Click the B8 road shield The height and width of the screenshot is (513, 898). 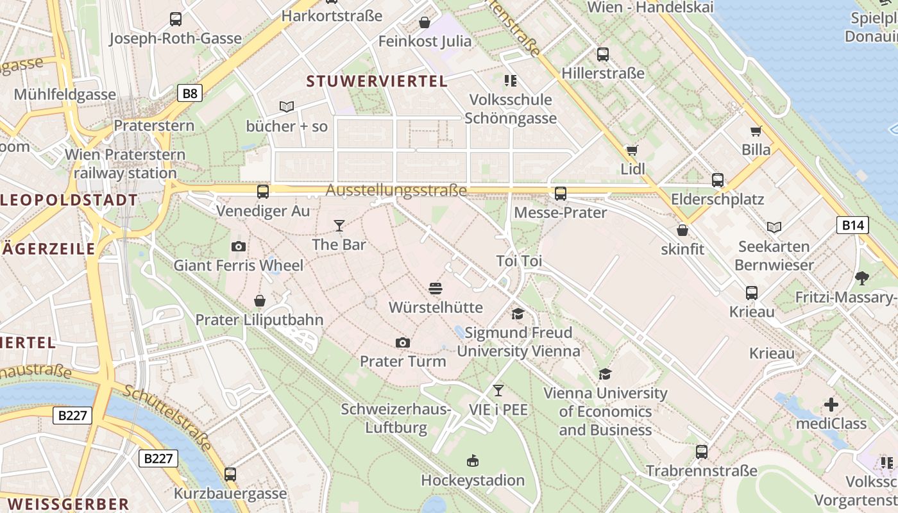[190, 94]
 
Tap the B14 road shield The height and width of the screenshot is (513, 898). [853, 224]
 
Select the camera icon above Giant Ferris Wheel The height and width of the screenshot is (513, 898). [239, 246]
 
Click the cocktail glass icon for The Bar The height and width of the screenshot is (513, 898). [339, 226]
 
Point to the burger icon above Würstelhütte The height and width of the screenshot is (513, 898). [436, 289]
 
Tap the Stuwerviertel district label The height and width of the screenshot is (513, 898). [377, 81]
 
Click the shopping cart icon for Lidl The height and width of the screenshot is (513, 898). [632, 151]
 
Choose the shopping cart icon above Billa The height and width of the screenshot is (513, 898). [756, 131]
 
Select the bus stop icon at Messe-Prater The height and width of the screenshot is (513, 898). [561, 193]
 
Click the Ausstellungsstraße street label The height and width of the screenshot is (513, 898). [396, 190]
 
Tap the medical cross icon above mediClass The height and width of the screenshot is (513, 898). [831, 405]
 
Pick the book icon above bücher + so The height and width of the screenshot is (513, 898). [287, 106]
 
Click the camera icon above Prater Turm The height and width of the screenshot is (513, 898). [403, 342]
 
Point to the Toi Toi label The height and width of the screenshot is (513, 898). [519, 261]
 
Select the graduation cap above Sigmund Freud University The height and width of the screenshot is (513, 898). [518, 314]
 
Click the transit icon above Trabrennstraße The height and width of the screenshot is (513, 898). [702, 452]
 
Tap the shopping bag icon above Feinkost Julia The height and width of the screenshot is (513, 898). [425, 23]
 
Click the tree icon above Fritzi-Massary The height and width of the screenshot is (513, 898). [862, 278]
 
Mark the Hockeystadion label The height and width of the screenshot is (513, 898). [473, 480]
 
